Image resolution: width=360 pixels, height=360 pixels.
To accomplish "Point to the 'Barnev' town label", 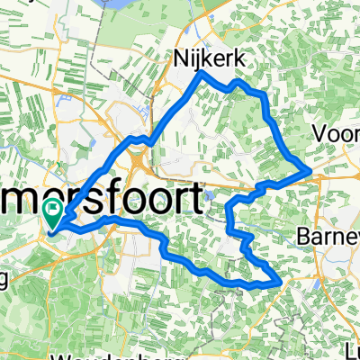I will tap(329, 236).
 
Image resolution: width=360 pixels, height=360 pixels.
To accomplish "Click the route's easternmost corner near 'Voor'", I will tap(310, 168).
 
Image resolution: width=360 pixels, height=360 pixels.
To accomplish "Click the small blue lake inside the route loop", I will tap(209, 193).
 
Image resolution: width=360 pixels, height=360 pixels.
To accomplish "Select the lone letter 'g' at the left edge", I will tap(4, 277).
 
